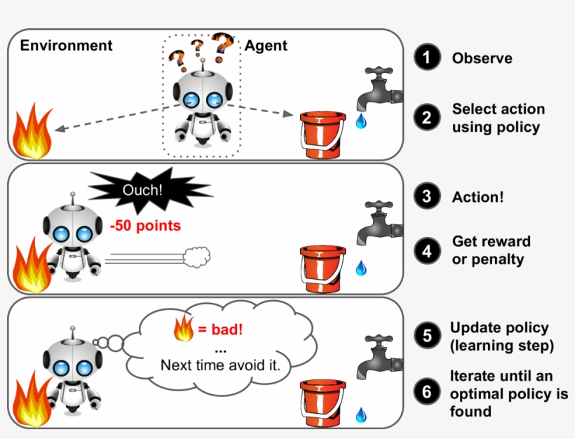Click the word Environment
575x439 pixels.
tap(66, 46)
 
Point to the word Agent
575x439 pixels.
tap(266, 46)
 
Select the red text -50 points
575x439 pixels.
tap(146, 226)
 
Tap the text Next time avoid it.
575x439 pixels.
tap(220, 365)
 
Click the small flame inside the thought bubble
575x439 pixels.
tap(183, 327)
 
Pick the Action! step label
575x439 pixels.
tap(478, 197)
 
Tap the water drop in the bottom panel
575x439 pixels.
tap(360, 415)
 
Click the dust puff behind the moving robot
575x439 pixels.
tap(197, 257)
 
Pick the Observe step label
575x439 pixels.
tap(482, 58)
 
